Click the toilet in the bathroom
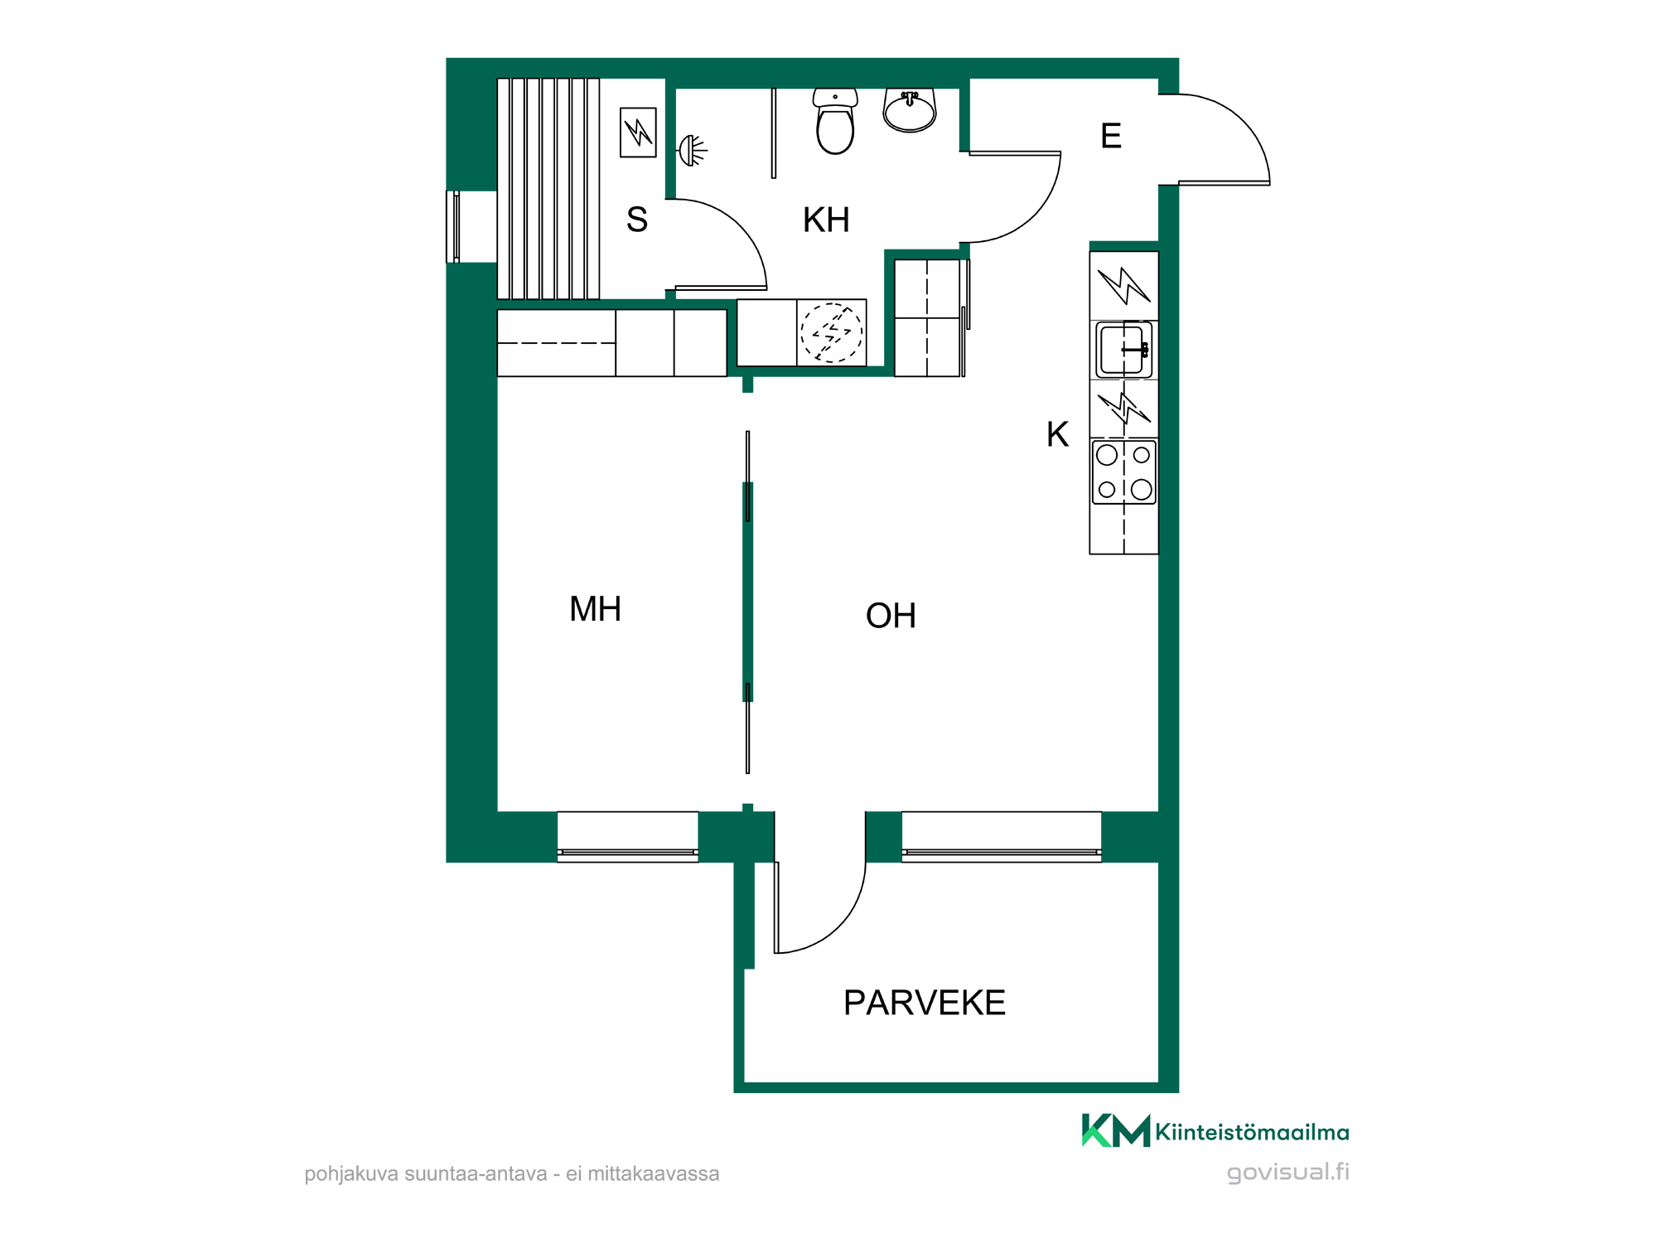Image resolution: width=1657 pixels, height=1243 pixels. pyautogui.click(x=835, y=121)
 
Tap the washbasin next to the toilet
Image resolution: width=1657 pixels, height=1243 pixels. pyautogui.click(x=910, y=110)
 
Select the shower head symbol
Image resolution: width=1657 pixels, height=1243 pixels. pyautogui.click(x=693, y=151)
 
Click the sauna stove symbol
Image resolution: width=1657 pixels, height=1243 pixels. pyautogui.click(x=638, y=133)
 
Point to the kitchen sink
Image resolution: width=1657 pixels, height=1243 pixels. pyautogui.click(x=1123, y=350)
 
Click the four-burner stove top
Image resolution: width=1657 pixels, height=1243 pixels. pyautogui.click(x=1123, y=472)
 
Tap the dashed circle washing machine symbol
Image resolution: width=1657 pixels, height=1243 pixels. pyautogui.click(x=831, y=332)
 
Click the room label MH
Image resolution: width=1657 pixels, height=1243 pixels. pyautogui.click(x=595, y=609)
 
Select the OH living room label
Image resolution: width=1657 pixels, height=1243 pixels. pyautogui.click(x=891, y=616)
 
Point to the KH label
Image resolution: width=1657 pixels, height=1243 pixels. pyautogui.click(x=826, y=220)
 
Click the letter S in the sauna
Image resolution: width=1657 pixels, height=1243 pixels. pyautogui.click(x=637, y=220)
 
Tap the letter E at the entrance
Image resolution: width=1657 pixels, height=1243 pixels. pyautogui.click(x=1111, y=136)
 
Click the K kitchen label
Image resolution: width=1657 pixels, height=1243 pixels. pyautogui.click(x=1057, y=434)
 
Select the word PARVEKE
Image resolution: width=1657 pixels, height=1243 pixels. pyautogui.click(x=925, y=1003)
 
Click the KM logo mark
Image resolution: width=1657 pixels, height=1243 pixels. pyautogui.click(x=1116, y=1130)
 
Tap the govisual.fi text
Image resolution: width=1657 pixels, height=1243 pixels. pyautogui.click(x=1287, y=1173)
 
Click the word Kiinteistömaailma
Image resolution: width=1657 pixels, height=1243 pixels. pyautogui.click(x=1252, y=1132)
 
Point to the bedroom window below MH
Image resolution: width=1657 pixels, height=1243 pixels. pyautogui.click(x=628, y=837)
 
